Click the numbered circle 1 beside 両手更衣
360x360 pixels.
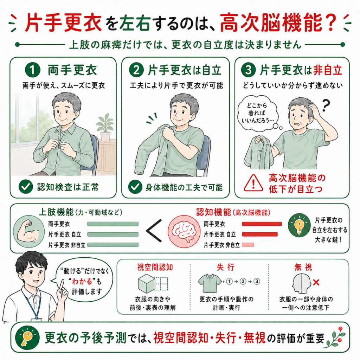tap(33, 70)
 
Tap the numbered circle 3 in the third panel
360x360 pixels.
tap(249, 70)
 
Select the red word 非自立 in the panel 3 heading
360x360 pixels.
tap(328, 70)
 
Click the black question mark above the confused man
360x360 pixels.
tap(326, 105)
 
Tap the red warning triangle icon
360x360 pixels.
tap(253, 183)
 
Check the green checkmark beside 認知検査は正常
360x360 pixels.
tap(25, 187)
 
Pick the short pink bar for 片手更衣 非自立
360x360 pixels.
tap(248, 245)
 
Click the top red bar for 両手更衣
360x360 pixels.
tap(262, 224)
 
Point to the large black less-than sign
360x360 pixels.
tap(154, 231)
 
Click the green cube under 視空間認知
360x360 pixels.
tap(147, 284)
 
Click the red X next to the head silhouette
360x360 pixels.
tap(316, 282)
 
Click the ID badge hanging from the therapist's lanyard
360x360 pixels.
tap(35, 321)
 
